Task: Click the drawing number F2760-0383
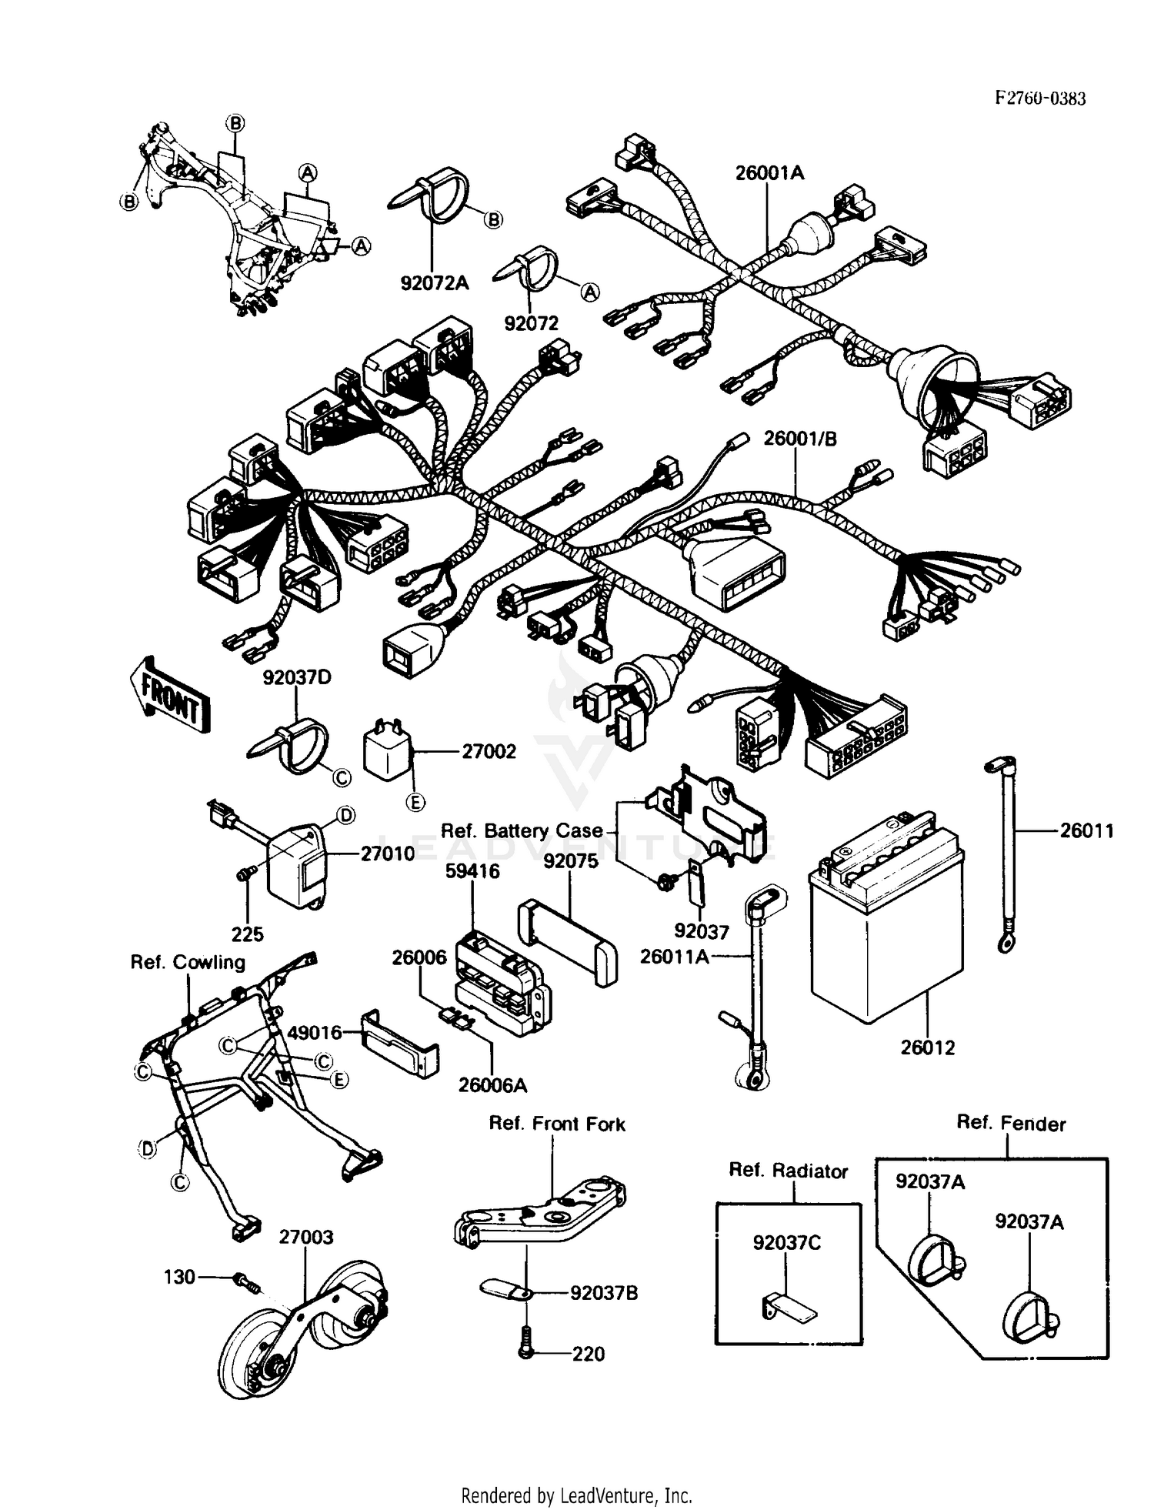click(x=1040, y=99)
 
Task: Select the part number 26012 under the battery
click(x=927, y=1047)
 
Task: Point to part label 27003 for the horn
click(x=305, y=1237)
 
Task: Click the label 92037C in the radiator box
click(x=786, y=1243)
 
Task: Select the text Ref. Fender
click(x=1010, y=1124)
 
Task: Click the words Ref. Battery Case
click(x=522, y=831)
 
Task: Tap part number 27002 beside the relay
click(x=489, y=751)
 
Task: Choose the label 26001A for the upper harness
click(x=769, y=173)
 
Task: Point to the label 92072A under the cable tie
click(x=434, y=283)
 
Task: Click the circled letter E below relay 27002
click(x=415, y=803)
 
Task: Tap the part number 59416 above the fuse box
click(x=472, y=871)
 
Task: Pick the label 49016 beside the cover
click(x=315, y=1032)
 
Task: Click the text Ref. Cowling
click(x=188, y=963)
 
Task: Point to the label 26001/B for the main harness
click(x=800, y=439)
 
